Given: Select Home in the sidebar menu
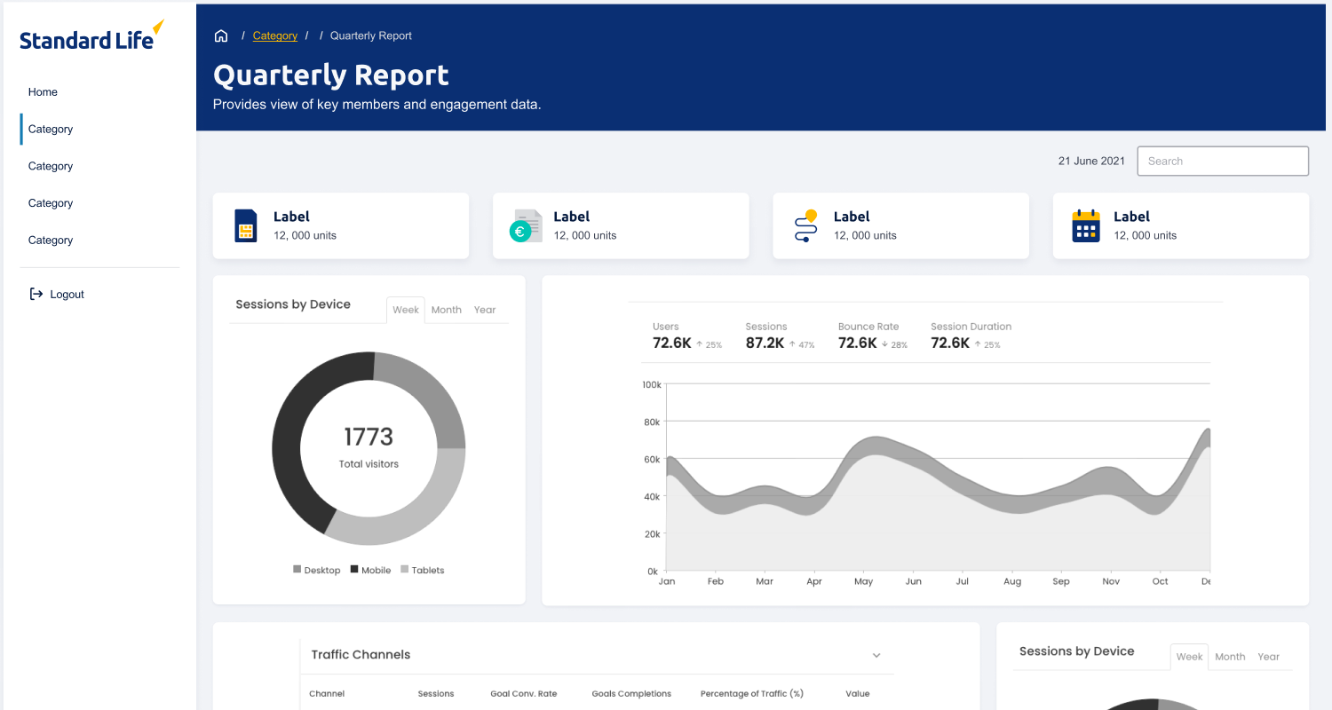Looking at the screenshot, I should (x=43, y=92).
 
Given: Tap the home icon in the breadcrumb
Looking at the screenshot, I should (x=221, y=36).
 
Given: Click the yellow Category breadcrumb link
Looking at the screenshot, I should (x=274, y=36).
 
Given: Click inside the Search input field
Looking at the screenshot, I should (x=1222, y=162).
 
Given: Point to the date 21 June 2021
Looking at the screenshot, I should (x=1090, y=162).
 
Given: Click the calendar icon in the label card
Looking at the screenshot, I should (x=1085, y=226).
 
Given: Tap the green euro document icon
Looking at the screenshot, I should (x=525, y=226).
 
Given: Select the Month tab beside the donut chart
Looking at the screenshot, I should (x=446, y=311).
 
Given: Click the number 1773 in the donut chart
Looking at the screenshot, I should (x=369, y=437).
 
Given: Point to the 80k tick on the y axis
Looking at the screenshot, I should (x=651, y=422).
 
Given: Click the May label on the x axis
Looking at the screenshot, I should (x=863, y=582).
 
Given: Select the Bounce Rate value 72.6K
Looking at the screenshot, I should (x=857, y=343).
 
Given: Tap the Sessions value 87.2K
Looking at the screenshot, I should (x=765, y=343).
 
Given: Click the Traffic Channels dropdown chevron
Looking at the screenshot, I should (x=876, y=656).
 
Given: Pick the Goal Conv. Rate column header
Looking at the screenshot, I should (x=523, y=694).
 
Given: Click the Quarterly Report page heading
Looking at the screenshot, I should (x=331, y=75).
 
